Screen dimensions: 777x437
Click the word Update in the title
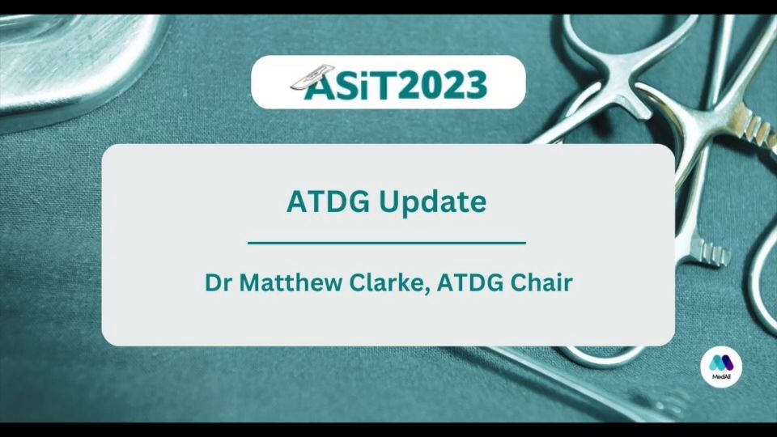432,202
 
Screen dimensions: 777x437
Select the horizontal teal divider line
387,244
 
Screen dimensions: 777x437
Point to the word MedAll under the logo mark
721,377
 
